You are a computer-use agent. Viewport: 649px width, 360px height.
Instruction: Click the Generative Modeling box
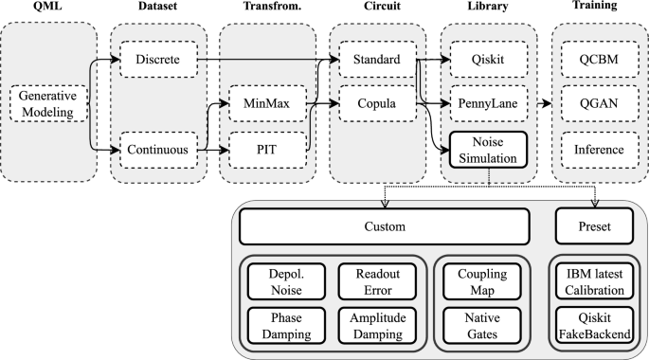point(48,103)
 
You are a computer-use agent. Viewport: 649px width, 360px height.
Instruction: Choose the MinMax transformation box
point(268,103)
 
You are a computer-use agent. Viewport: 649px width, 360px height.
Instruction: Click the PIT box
point(268,149)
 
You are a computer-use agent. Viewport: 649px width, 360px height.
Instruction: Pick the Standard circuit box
point(376,60)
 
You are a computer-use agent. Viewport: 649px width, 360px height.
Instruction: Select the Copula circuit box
point(376,103)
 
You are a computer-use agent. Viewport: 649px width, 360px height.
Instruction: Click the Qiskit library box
point(485,60)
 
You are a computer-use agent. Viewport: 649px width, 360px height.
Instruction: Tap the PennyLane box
point(485,103)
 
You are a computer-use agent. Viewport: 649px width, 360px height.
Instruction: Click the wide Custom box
point(384,227)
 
